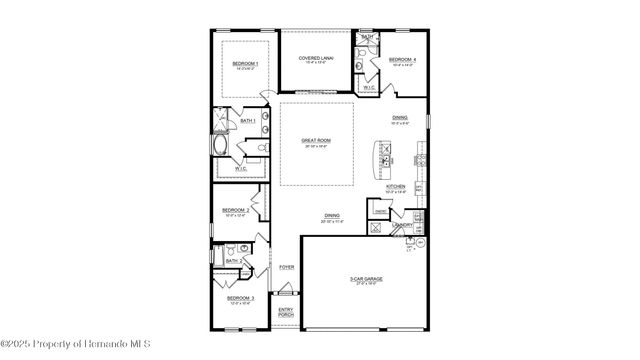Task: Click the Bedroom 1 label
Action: [x=245, y=64]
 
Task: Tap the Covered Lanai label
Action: [x=316, y=58]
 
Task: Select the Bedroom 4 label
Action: [x=402, y=60]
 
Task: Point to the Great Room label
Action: [x=316, y=141]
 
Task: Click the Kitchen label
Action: [x=396, y=187]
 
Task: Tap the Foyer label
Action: [x=286, y=267]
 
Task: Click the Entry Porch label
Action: [x=286, y=313]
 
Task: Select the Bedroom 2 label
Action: [x=236, y=210]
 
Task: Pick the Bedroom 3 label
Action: [x=240, y=298]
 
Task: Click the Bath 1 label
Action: [x=247, y=121]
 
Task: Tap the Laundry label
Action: [x=404, y=226]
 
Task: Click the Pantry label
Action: [x=381, y=211]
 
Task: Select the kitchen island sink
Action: [x=384, y=156]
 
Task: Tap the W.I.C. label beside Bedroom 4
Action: [x=369, y=87]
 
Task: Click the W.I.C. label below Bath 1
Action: [x=242, y=168]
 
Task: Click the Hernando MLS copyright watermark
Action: [x=75, y=345]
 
